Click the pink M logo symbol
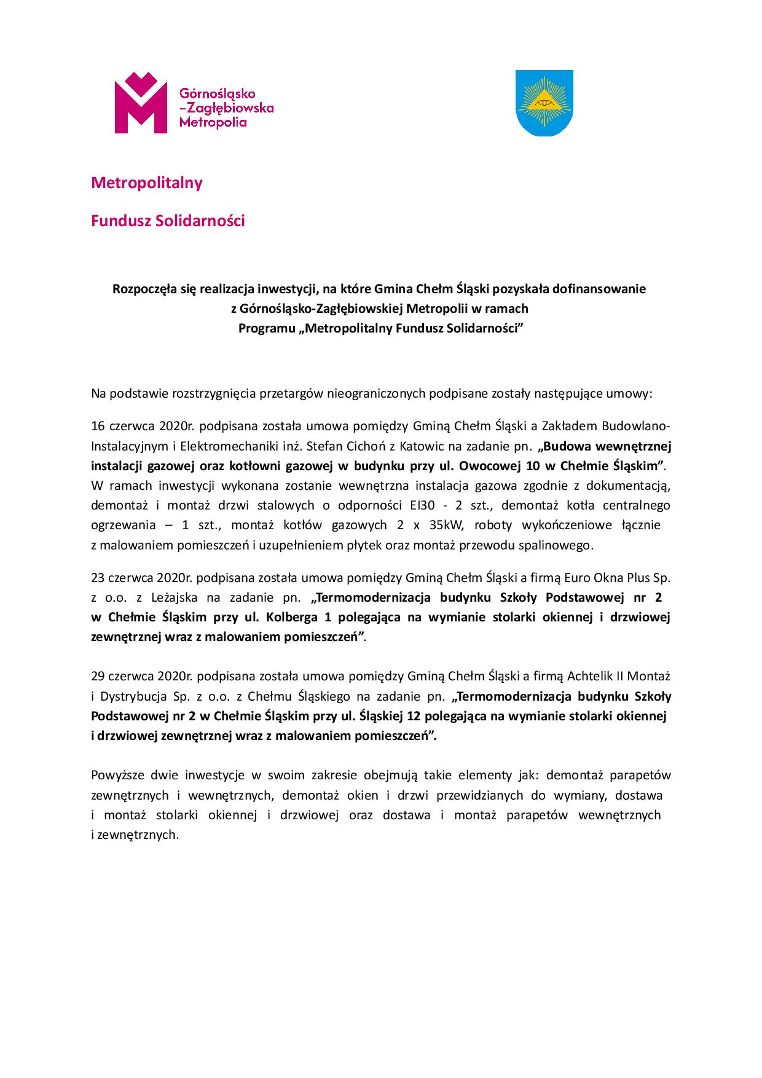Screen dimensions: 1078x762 (x=141, y=103)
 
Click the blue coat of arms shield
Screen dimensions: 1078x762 (x=543, y=103)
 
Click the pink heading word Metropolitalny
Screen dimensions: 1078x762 (x=146, y=183)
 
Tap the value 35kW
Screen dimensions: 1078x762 (x=443, y=525)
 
